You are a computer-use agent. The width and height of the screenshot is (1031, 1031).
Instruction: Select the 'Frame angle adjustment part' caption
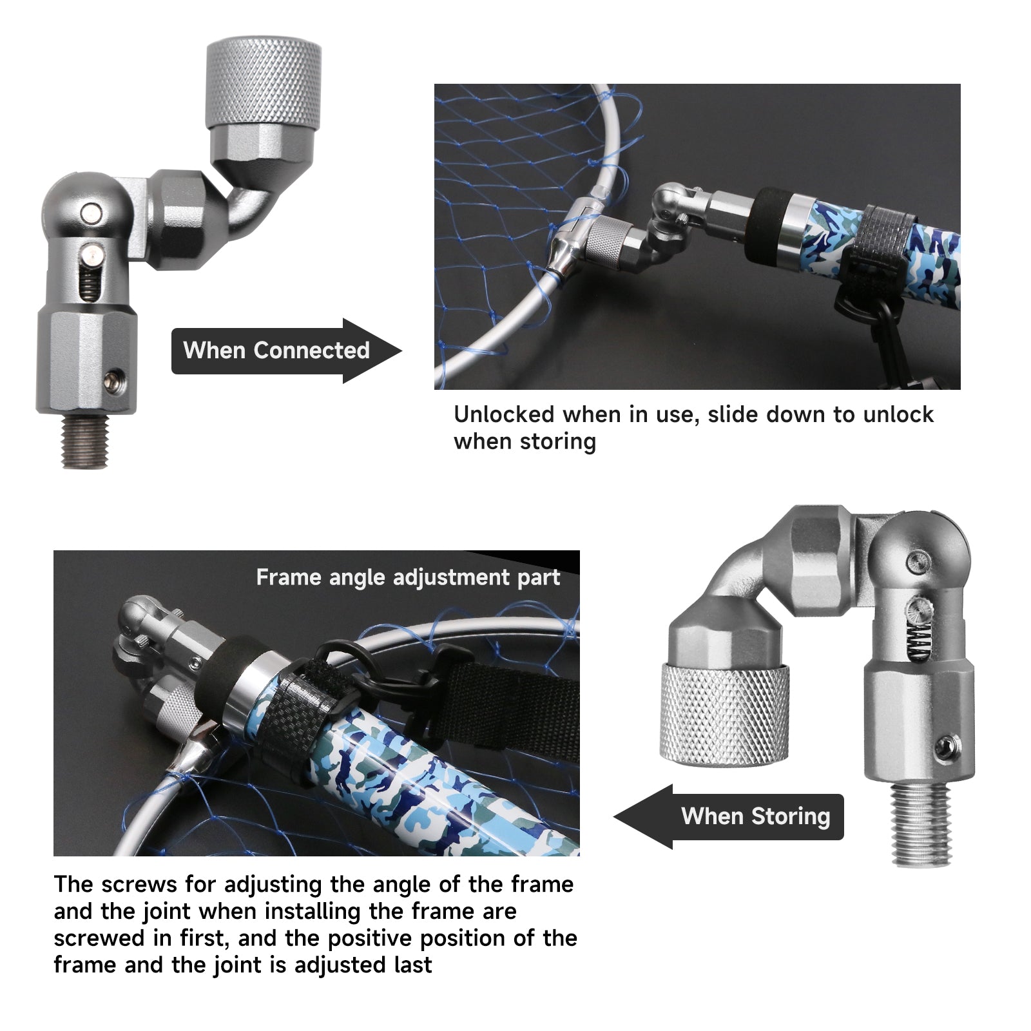(408, 577)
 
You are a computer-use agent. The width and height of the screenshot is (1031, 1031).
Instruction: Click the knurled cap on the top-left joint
(263, 84)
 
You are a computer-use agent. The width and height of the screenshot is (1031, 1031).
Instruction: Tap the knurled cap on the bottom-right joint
(724, 715)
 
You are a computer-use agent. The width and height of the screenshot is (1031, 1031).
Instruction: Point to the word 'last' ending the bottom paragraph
(413, 965)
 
